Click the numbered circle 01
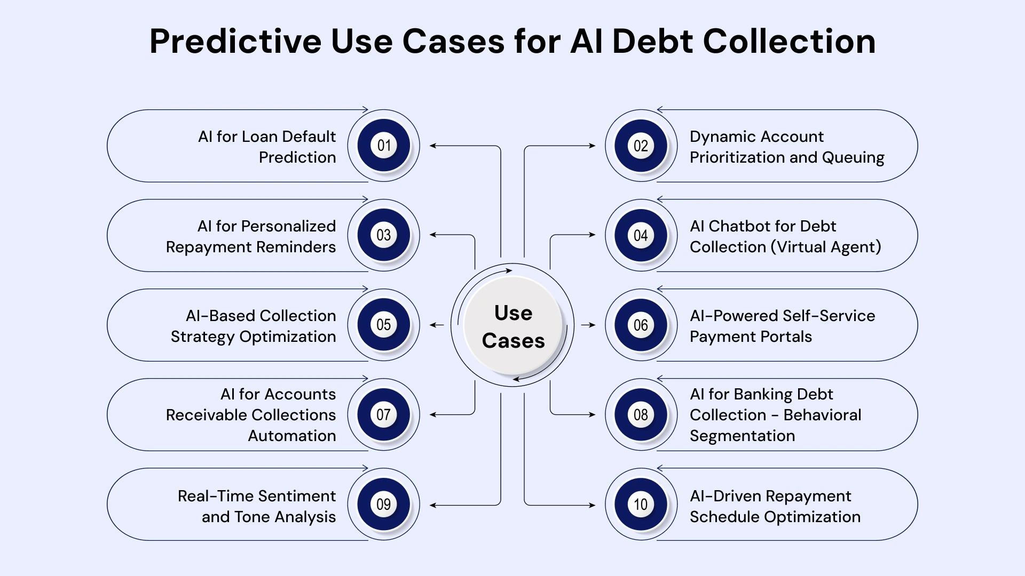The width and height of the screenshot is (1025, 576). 383,146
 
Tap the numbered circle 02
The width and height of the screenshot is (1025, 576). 641,146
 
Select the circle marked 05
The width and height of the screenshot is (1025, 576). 383,325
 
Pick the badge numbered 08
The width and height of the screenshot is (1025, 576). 641,414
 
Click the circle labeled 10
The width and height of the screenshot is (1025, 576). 641,504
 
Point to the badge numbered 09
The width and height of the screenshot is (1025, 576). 383,504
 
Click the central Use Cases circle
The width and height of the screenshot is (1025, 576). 513,326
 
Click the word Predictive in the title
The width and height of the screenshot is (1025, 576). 235,41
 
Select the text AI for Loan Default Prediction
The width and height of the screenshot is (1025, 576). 267,147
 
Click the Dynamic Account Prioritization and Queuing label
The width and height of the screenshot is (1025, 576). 786,147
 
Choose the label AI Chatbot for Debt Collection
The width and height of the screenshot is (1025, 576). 785,236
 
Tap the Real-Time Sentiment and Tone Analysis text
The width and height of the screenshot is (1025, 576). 257,506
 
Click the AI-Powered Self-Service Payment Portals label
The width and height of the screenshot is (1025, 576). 782,326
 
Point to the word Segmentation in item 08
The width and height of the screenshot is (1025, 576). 742,436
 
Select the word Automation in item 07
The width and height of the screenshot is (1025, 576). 292,436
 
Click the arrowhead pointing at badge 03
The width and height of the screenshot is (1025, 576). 433,235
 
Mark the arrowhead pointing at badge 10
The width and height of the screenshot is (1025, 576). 592,505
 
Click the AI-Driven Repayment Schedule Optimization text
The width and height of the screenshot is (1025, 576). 775,506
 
